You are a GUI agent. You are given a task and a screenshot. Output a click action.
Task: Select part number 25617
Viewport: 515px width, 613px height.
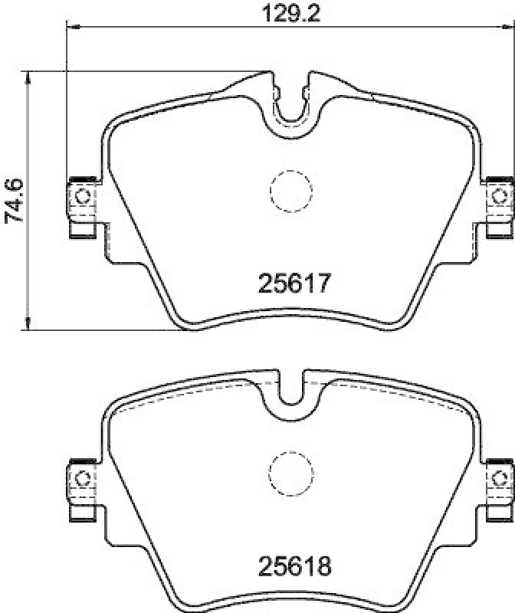[x=291, y=284]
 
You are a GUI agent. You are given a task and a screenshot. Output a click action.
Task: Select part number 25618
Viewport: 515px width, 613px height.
[x=291, y=568]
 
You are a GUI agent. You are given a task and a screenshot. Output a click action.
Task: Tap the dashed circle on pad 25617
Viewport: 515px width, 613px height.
[x=290, y=189]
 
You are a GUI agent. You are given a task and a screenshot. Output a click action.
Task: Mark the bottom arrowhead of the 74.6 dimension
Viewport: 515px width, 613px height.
[x=28, y=326]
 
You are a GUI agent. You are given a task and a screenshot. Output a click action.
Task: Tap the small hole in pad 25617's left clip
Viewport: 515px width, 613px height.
[x=82, y=195]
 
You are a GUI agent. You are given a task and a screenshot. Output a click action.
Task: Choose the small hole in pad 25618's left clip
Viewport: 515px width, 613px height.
[x=82, y=478]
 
